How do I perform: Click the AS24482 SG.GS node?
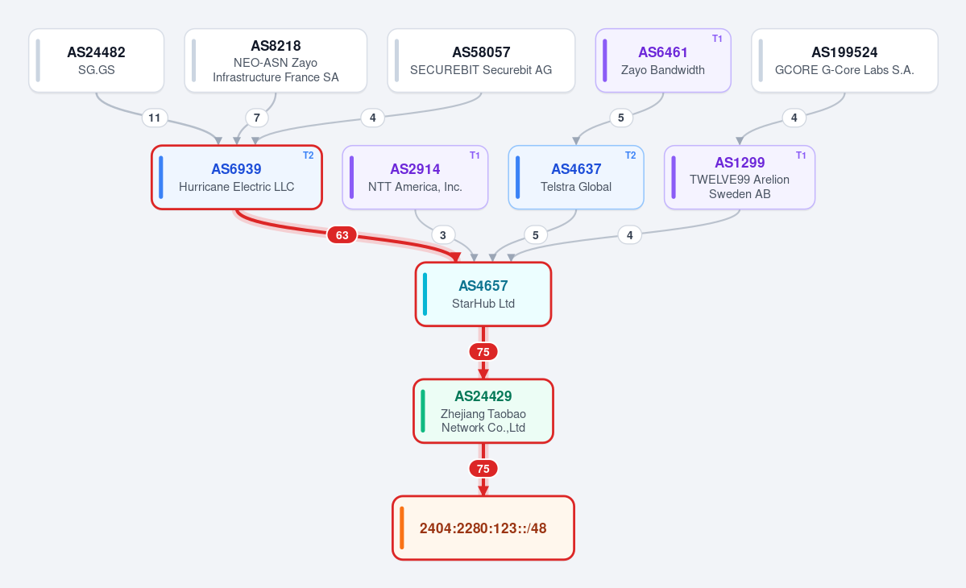[x=96, y=60]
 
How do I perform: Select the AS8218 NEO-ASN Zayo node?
[x=276, y=60]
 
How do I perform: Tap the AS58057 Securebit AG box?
[x=481, y=60]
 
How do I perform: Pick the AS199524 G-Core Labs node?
[x=844, y=60]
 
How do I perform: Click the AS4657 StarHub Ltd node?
[x=483, y=294]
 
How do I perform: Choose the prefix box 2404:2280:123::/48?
[x=483, y=528]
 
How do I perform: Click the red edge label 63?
[x=342, y=234]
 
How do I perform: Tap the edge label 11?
[x=154, y=118]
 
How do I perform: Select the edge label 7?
[x=257, y=118]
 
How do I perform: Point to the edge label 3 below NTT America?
[x=443, y=234]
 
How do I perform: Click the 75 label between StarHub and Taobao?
[x=483, y=351]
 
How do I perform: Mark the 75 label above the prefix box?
[x=483, y=469]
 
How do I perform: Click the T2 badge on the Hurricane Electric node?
[x=308, y=155]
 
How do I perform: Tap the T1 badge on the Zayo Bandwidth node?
[x=717, y=38]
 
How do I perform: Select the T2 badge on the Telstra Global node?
[x=630, y=155]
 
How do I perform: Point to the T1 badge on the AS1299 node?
[x=801, y=155]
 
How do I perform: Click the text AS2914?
[x=415, y=168]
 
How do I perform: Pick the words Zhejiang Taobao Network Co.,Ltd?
[x=483, y=420]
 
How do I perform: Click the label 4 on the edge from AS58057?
[x=373, y=118]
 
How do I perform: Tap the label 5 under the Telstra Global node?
[x=535, y=234]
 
